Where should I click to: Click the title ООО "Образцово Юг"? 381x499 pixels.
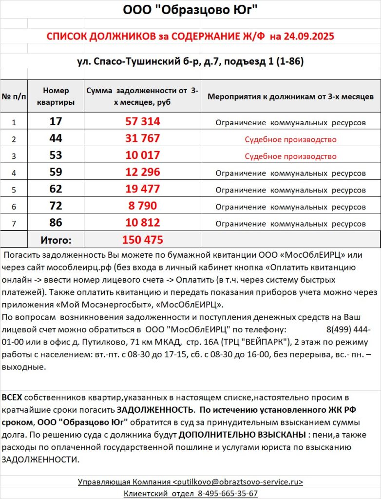pyautogui.click(x=190, y=10)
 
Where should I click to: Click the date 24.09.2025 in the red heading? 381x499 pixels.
pyautogui.click(x=307, y=37)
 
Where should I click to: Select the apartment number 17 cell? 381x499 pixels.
pyautogui.click(x=56, y=121)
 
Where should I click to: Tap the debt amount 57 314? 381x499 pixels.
pyautogui.click(x=142, y=121)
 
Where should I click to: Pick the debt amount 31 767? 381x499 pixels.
pyautogui.click(x=142, y=138)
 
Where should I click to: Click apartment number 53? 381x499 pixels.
pyautogui.click(x=56, y=155)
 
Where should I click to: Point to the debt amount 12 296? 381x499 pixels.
pyautogui.click(x=142, y=173)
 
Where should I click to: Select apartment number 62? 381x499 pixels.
pyautogui.click(x=56, y=189)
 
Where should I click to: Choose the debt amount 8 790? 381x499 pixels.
pyautogui.click(x=142, y=206)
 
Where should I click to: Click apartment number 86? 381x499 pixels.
pyautogui.click(x=56, y=223)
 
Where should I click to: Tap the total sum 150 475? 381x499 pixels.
pyautogui.click(x=142, y=240)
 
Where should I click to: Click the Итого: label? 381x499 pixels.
pyautogui.click(x=56, y=240)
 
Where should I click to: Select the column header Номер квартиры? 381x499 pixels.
pyautogui.click(x=56, y=96)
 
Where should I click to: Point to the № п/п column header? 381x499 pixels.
pyautogui.click(x=14, y=96)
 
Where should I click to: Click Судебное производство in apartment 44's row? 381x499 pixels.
pyautogui.click(x=290, y=139)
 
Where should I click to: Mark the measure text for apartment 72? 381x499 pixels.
pyautogui.click(x=290, y=207)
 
